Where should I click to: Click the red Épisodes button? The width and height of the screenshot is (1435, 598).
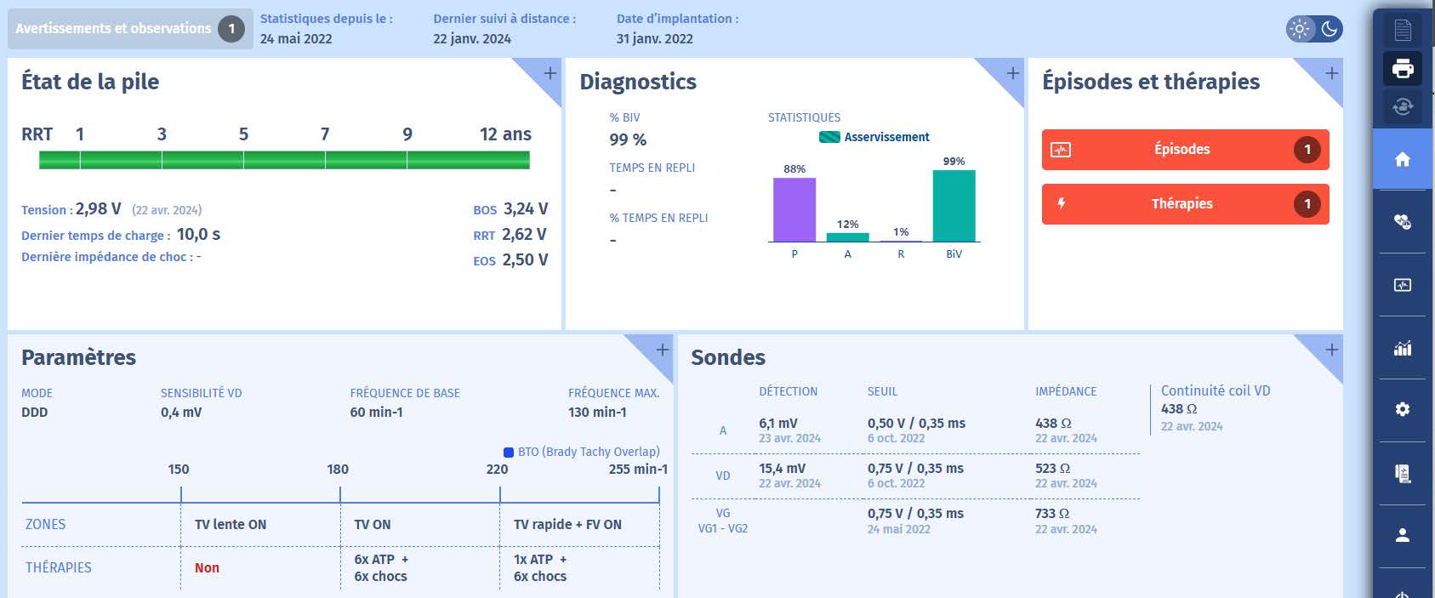[1184, 150]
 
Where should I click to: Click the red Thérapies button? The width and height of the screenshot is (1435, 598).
[1184, 204]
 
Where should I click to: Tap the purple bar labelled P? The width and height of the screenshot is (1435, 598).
[794, 209]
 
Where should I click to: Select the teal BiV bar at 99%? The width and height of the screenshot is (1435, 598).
[954, 206]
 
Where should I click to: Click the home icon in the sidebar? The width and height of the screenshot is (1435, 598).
[1403, 159]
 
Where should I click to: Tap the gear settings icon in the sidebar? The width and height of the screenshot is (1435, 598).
[1403, 409]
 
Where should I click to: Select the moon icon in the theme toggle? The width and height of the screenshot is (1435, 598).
[1330, 29]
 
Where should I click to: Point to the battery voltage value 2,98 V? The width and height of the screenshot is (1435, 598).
[99, 209]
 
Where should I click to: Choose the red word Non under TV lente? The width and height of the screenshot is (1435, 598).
[207, 568]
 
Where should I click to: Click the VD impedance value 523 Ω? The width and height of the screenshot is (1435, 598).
[1052, 469]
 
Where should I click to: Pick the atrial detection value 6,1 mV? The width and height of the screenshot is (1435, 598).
[777, 424]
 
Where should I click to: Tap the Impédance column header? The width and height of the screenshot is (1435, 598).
[1065, 392]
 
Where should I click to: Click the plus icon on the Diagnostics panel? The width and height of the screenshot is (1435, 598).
[1012, 74]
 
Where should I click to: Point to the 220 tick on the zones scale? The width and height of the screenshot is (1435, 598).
[498, 470]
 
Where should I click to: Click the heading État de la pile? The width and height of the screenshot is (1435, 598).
[90, 82]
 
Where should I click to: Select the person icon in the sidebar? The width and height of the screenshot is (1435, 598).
[1403, 535]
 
